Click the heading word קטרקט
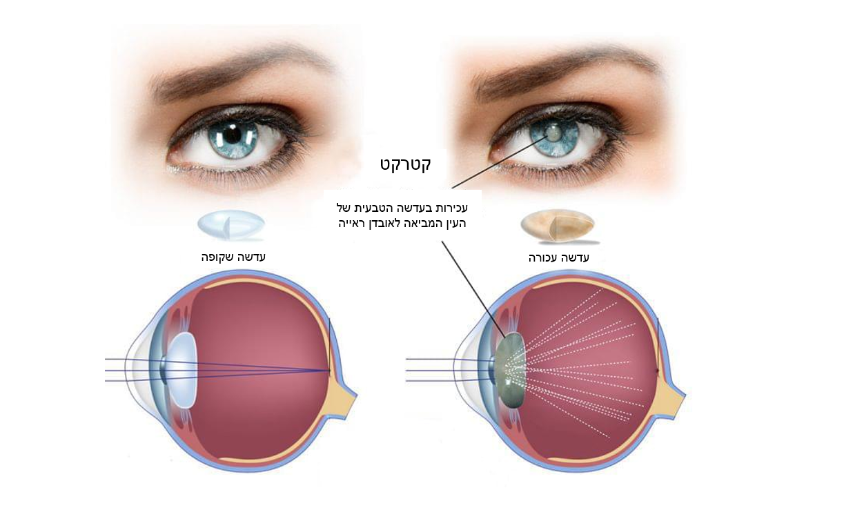pyautogui.click(x=405, y=165)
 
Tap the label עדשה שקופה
pyautogui.click(x=233, y=257)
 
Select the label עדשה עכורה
pyautogui.click(x=559, y=258)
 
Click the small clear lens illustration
pyautogui.click(x=231, y=225)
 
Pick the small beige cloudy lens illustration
pyautogui.click(x=558, y=226)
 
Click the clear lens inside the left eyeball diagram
pyautogui.click(x=181, y=371)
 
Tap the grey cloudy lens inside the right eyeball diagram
pyautogui.click(x=511, y=371)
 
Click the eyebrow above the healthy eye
pyautogui.click(x=241, y=70)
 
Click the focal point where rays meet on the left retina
pyautogui.click(x=329, y=371)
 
